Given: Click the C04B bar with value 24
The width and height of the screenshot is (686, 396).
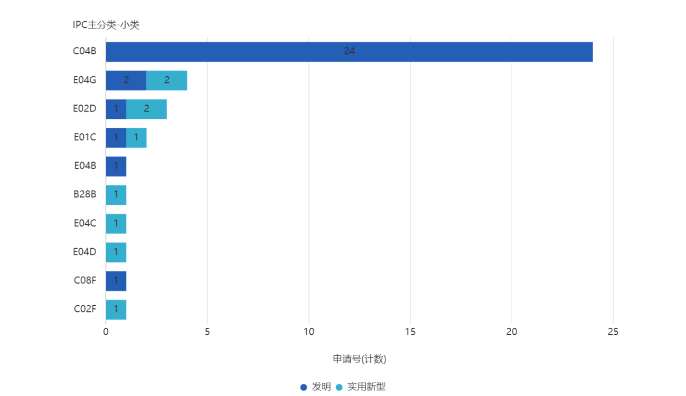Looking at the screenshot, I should coord(349,52).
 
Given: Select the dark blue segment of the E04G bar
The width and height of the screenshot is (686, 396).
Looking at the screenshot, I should coord(126,80).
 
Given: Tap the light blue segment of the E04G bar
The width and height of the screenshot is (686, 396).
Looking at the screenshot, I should coord(167,80).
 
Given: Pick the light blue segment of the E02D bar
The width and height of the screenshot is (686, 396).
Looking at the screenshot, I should coord(147,109).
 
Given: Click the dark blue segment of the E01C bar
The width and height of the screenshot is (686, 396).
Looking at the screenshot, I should coord(116,138).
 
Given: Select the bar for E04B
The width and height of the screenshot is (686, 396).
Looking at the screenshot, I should coord(116,166).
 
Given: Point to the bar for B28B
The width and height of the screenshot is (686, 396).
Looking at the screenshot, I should coord(116,195).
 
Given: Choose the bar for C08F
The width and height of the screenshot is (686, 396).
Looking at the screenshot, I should coord(116,280).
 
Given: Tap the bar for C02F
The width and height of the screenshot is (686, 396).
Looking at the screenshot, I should coord(116,309).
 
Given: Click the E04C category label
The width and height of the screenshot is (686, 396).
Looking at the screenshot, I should coord(85,223).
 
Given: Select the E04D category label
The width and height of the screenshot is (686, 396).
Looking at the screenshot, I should coord(84,252).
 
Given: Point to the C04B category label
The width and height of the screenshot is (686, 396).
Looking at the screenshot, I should coord(84,52).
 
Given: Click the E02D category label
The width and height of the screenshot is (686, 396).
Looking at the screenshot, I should coord(84,109).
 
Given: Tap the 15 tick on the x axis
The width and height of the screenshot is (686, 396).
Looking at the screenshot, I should coord(410,332).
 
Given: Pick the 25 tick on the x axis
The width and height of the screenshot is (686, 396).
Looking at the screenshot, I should coord(613,332).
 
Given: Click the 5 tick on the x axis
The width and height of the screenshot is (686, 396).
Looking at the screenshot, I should coord(207,332).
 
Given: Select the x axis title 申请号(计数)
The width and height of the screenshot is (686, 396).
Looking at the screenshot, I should coord(360,360).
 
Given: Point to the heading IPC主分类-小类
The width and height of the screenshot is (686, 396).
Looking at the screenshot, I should coord(106,25).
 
